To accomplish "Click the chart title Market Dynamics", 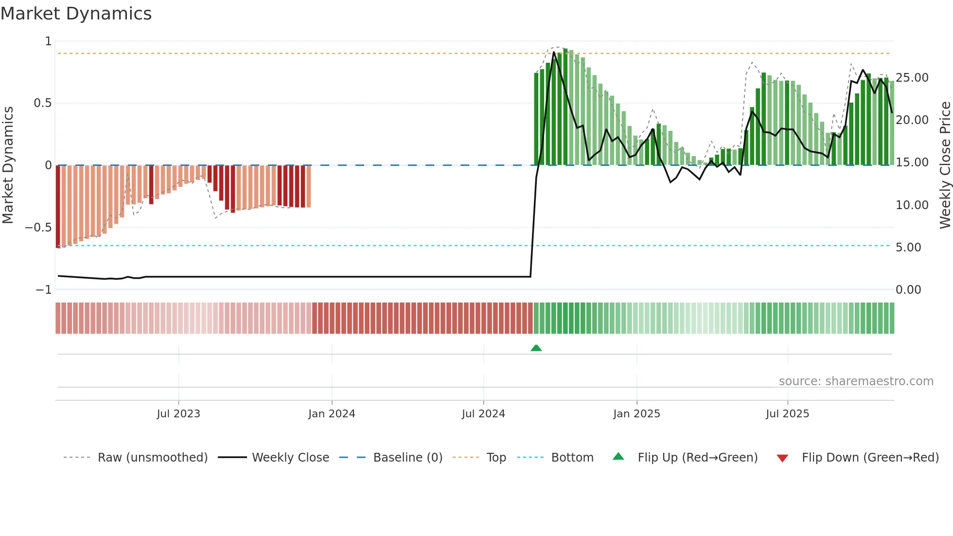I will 76,14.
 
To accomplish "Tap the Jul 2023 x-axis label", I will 178,414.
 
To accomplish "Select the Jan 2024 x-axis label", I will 332,414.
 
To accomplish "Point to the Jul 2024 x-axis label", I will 483,414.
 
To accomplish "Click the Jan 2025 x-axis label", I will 636,414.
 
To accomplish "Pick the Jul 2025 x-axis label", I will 787,414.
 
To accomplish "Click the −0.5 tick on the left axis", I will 38,228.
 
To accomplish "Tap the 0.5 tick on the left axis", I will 42,103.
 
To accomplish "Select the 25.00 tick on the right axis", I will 912,78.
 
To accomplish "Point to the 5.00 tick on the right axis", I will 908,248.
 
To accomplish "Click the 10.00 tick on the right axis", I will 912,205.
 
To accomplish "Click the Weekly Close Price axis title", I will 945,165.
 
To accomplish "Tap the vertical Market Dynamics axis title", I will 8,165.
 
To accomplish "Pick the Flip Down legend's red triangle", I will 782,458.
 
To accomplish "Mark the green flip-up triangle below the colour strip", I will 536,348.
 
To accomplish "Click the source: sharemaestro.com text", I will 856,381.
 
